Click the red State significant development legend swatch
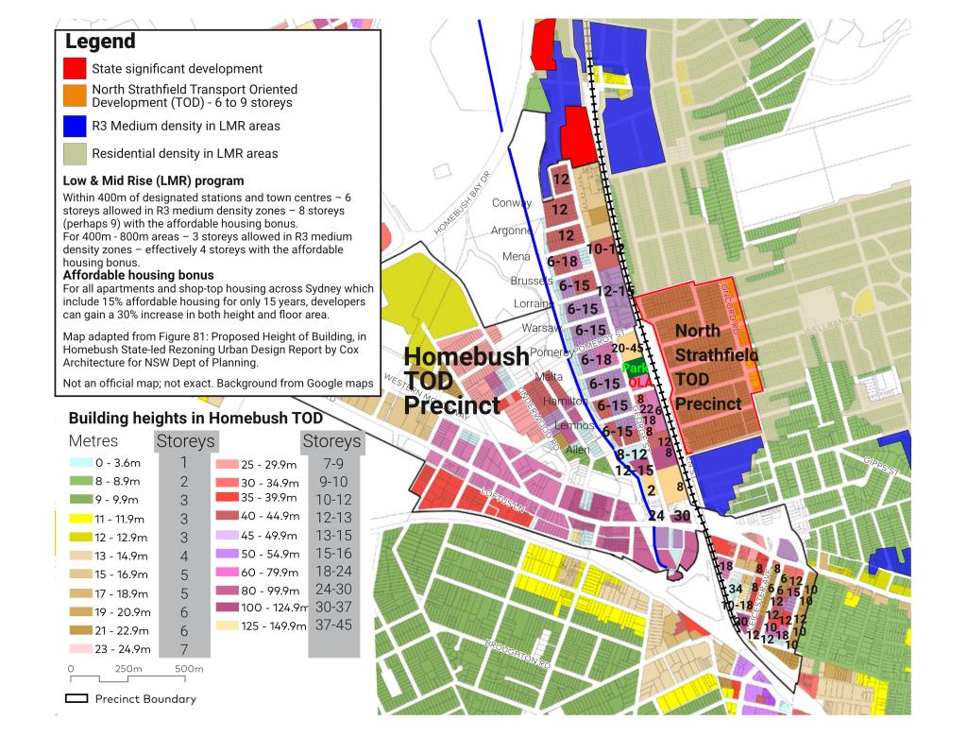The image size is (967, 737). point(76,69)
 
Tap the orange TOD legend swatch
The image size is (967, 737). point(76,95)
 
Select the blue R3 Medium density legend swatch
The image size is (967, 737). point(76,126)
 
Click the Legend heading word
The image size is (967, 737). point(100,42)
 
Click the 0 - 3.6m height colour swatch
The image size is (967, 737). point(79,464)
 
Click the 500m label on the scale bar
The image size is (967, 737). point(188,669)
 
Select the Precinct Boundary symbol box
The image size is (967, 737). point(76,699)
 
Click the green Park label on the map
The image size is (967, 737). point(635,368)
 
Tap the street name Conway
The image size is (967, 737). point(512,203)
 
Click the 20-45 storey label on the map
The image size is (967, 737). point(628,349)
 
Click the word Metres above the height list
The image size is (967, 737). point(93,441)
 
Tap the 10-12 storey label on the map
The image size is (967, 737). point(605,249)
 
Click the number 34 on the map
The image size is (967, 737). point(735,589)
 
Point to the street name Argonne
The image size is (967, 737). point(511,231)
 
